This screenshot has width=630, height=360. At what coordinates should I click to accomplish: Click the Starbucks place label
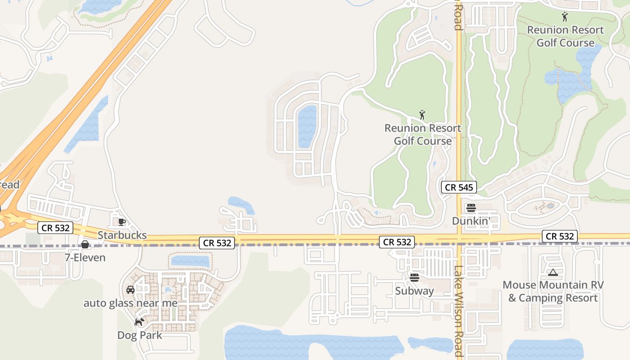pyautogui.click(x=122, y=235)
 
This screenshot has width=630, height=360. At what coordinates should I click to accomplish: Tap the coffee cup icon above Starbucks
pyautogui.click(x=121, y=221)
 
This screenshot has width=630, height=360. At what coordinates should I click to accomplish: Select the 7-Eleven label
pyautogui.click(x=85, y=257)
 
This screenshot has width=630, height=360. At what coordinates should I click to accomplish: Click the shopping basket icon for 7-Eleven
pyautogui.click(x=85, y=244)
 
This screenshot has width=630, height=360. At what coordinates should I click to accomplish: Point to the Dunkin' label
pyautogui.click(x=471, y=221)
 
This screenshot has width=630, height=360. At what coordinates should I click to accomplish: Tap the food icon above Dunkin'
pyautogui.click(x=471, y=208)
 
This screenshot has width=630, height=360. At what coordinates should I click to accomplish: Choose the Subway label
pyautogui.click(x=414, y=291)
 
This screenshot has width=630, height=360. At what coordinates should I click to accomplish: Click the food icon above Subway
pyautogui.click(x=414, y=277)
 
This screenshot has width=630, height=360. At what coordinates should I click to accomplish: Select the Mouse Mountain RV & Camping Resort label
pyautogui.click(x=553, y=291)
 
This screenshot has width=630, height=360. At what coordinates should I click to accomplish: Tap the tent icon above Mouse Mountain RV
pyautogui.click(x=553, y=272)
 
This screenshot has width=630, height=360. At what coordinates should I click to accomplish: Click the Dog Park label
pyautogui.click(x=139, y=335)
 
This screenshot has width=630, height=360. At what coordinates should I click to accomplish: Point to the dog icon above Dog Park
pyautogui.click(x=139, y=322)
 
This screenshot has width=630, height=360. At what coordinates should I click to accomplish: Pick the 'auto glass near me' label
pyautogui.click(x=130, y=303)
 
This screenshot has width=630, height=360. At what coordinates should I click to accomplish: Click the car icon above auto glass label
pyautogui.click(x=130, y=290)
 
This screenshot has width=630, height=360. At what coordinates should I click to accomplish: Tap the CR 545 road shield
pyautogui.click(x=459, y=188)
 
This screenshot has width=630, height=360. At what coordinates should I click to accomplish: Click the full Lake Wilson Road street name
pyautogui.click(x=458, y=310)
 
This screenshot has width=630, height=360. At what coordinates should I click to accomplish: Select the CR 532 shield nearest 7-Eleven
pyautogui.click(x=56, y=228)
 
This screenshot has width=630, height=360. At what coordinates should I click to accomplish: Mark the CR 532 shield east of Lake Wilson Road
pyautogui.click(x=560, y=236)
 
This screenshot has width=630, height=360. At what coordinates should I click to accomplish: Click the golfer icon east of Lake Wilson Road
pyautogui.click(x=565, y=17)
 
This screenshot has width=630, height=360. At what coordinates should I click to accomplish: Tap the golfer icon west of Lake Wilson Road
pyautogui.click(x=422, y=115)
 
